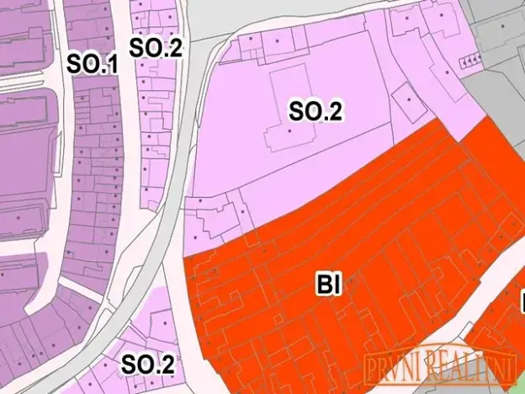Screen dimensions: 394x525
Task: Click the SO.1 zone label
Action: [x=93, y=64]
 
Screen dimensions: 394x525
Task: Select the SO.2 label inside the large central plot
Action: [x=316, y=110]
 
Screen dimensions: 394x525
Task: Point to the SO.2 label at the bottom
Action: [x=147, y=365]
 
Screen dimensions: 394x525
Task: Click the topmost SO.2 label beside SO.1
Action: [x=155, y=47]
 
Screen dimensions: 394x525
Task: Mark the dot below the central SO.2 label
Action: [x=290, y=130]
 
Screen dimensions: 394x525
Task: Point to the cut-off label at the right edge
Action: [x=522, y=301]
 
